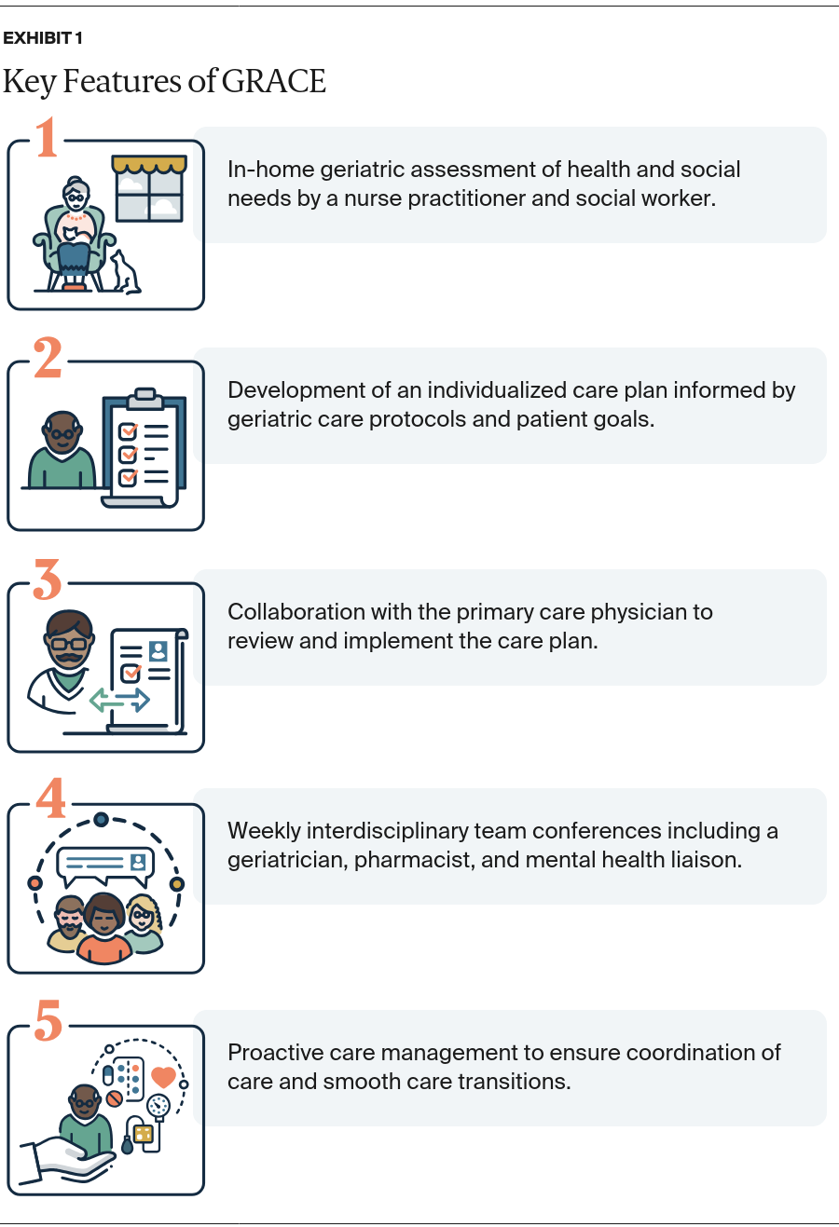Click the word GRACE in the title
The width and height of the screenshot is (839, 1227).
click(x=274, y=82)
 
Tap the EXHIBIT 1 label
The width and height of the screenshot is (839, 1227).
click(x=43, y=38)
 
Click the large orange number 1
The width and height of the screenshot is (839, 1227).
click(x=47, y=139)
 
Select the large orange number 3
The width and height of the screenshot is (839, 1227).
click(x=48, y=580)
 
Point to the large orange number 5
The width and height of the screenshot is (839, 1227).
click(x=48, y=1022)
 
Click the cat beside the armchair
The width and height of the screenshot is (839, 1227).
click(x=123, y=274)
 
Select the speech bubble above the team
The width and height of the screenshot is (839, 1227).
click(x=104, y=864)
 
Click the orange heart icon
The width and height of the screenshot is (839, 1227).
click(x=163, y=1077)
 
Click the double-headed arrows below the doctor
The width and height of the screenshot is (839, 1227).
click(x=119, y=699)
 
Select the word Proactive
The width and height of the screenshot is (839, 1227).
click(x=271, y=1053)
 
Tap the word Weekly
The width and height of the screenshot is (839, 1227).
click(x=263, y=831)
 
